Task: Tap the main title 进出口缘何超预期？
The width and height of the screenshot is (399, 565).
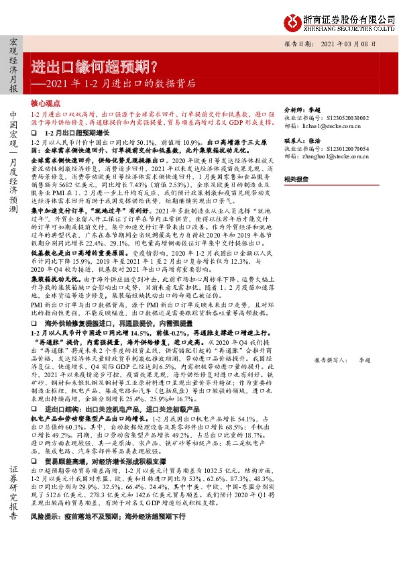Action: coord(95,67)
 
